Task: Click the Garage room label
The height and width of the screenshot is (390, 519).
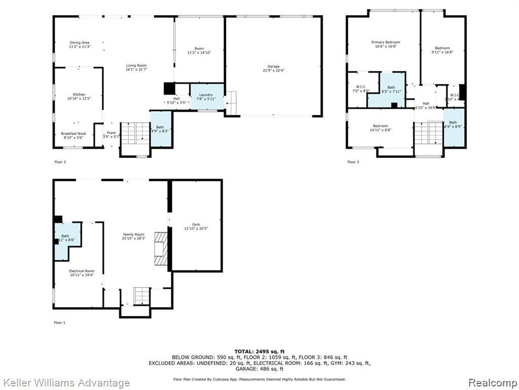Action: [274, 67]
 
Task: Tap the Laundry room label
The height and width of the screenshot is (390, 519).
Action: [206, 95]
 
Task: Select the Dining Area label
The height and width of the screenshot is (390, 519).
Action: [80, 43]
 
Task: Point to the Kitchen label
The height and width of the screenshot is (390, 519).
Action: [79, 95]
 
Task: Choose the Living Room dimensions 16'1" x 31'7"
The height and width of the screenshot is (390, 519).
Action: [136, 70]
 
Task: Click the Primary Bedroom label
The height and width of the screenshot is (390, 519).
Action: [386, 43]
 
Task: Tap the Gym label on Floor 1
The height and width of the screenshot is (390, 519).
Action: [196, 224]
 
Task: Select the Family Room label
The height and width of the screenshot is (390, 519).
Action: [133, 234]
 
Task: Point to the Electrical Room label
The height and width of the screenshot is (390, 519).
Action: [82, 271]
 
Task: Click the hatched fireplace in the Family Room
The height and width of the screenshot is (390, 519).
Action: [161, 249]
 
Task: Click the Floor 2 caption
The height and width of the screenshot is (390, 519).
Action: [60, 162]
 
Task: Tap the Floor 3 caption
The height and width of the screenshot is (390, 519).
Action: [353, 162]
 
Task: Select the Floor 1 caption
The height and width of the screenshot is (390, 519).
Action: [60, 322]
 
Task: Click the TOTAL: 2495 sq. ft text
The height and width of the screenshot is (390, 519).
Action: [259, 351]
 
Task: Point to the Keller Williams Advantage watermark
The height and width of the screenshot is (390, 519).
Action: [66, 383]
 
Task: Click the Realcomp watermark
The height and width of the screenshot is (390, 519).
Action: [492, 382]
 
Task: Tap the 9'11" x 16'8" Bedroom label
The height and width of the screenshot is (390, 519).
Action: [441, 48]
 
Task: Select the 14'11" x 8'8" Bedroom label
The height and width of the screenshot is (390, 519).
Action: [381, 126]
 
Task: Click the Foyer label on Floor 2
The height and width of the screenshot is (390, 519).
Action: [111, 133]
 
